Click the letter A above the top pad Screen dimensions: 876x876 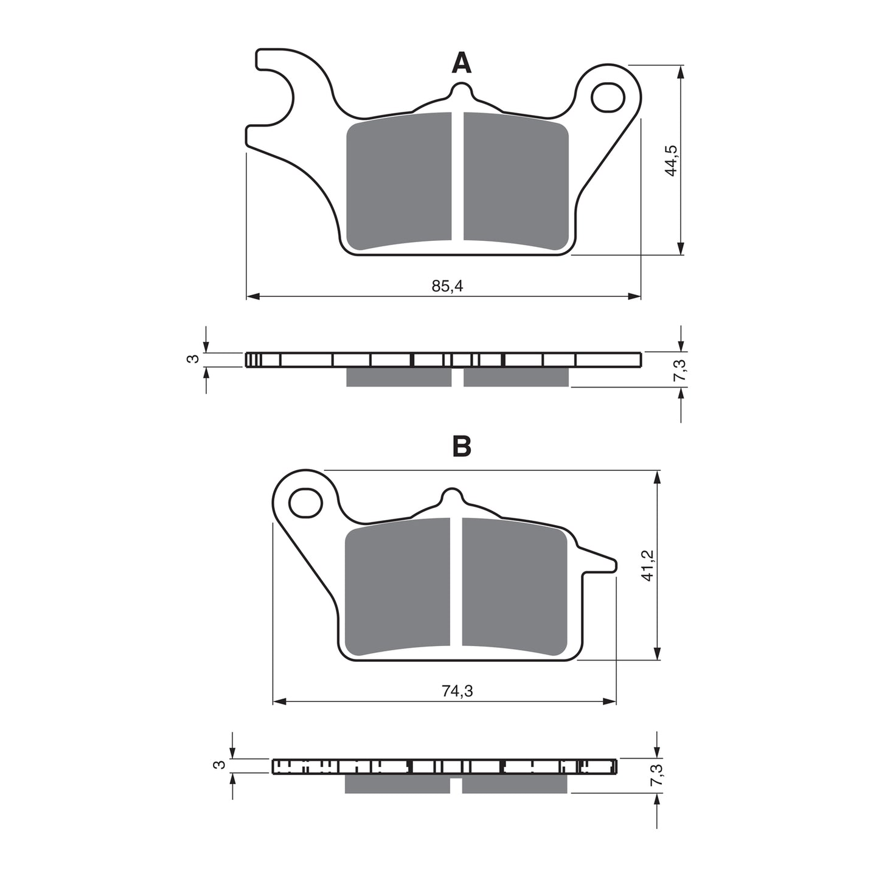461,63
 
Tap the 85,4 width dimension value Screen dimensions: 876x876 447,286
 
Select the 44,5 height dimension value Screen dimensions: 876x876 671,161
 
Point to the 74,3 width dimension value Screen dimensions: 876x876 457,691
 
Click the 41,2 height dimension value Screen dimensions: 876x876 647,565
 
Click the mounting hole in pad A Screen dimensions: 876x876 608,97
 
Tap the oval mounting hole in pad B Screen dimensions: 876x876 305,502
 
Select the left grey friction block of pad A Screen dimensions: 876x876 398,181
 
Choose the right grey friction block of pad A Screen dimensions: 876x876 516,181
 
